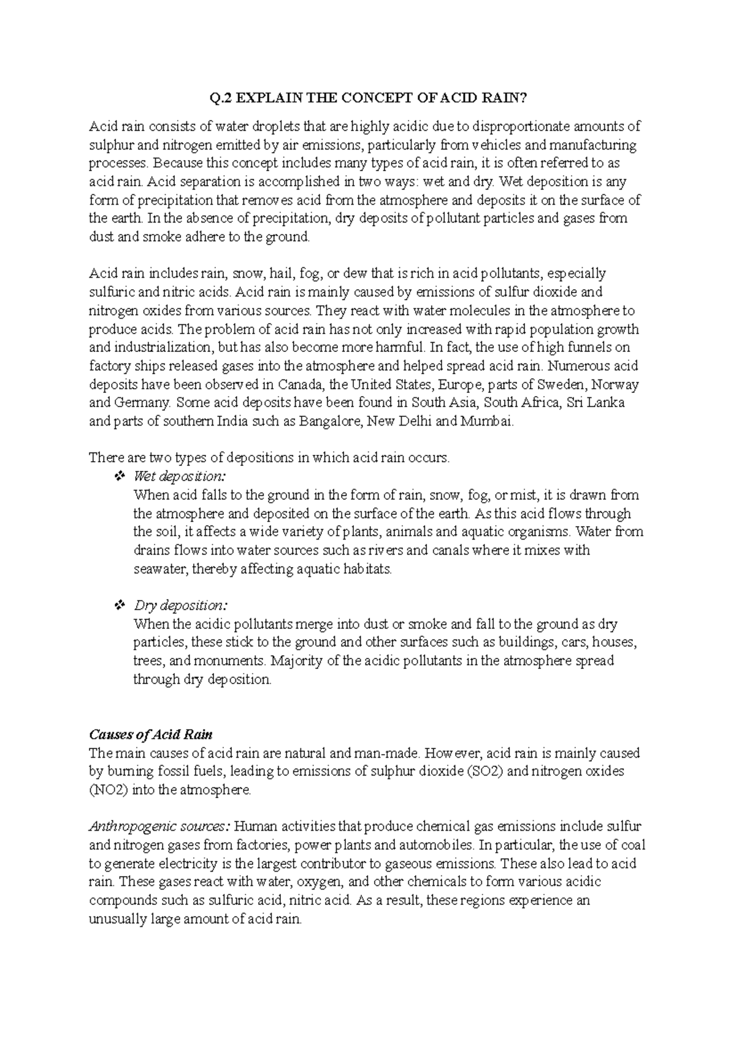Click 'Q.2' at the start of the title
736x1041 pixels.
(219, 98)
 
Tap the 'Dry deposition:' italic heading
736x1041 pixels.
(180, 605)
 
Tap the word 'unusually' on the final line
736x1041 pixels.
(113, 918)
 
